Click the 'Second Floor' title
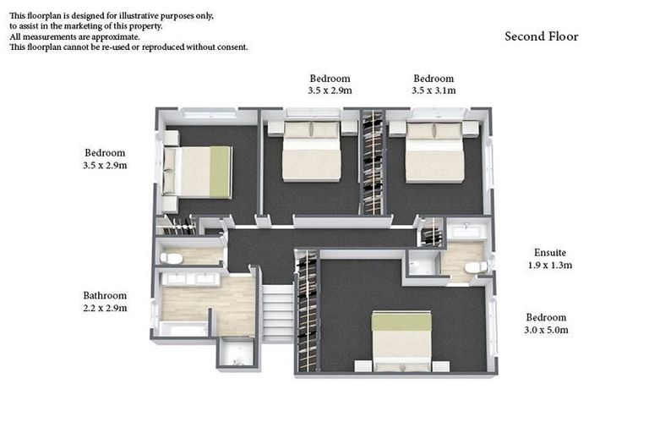[542, 36]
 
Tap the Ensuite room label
[549, 252]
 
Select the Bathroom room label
[105, 295]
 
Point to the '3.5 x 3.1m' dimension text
[434, 90]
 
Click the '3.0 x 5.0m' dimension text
[546, 330]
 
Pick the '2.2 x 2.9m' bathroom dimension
[105, 308]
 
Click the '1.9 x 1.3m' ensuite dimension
[549, 265]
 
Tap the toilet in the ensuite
[476, 267]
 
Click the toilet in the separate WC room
[171, 258]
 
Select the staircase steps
[278, 313]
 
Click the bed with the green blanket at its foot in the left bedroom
[198, 172]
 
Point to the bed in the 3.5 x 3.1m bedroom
[434, 152]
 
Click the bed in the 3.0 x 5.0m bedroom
[401, 341]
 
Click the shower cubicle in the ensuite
[423, 263]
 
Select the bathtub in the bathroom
[183, 329]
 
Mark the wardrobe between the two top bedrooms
[373, 162]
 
